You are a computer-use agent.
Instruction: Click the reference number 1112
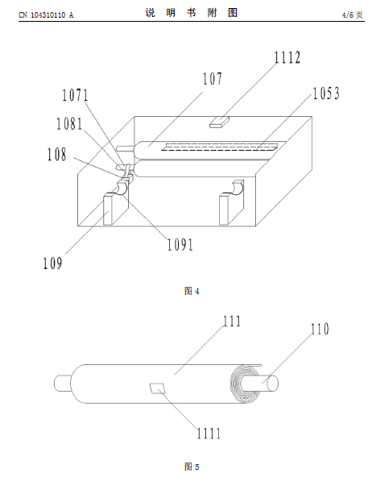(x=287, y=58)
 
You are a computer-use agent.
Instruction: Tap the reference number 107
(x=213, y=79)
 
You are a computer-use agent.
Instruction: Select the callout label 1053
(x=326, y=93)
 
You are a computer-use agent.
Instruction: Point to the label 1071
(x=75, y=95)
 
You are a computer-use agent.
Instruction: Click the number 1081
(x=69, y=124)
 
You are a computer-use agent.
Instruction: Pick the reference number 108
(x=57, y=155)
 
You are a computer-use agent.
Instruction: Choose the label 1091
(x=180, y=244)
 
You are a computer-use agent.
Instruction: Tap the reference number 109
(x=52, y=264)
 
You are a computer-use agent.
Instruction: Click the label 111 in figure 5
(x=232, y=321)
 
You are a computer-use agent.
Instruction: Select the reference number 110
(x=320, y=329)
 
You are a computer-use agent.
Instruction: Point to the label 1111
(x=209, y=434)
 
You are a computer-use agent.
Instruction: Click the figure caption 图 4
(x=192, y=291)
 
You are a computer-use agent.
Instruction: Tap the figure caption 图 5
(x=192, y=467)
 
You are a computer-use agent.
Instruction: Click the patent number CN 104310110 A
(x=46, y=15)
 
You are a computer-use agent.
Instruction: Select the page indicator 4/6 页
(x=352, y=15)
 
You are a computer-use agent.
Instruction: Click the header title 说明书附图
(x=192, y=13)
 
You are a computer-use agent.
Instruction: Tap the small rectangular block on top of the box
(x=219, y=122)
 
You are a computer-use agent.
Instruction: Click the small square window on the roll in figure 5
(x=158, y=388)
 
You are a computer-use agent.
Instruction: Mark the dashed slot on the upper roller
(x=220, y=147)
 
